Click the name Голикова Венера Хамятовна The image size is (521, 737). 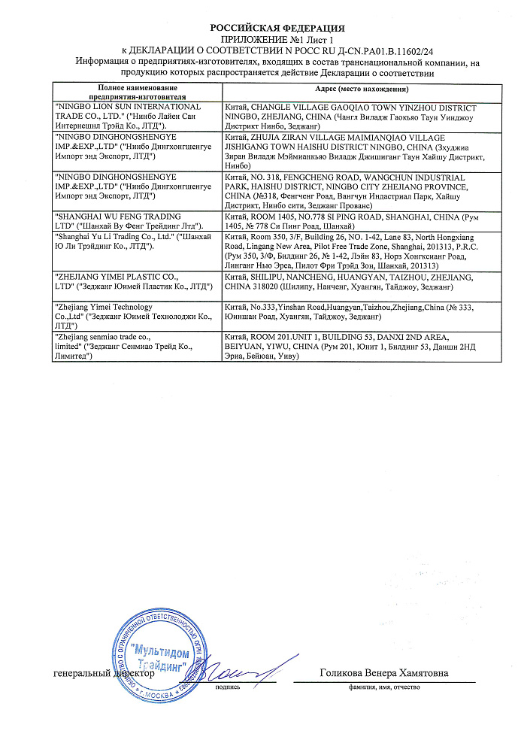pos(383,673)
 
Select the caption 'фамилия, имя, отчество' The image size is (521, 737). pos(383,687)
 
